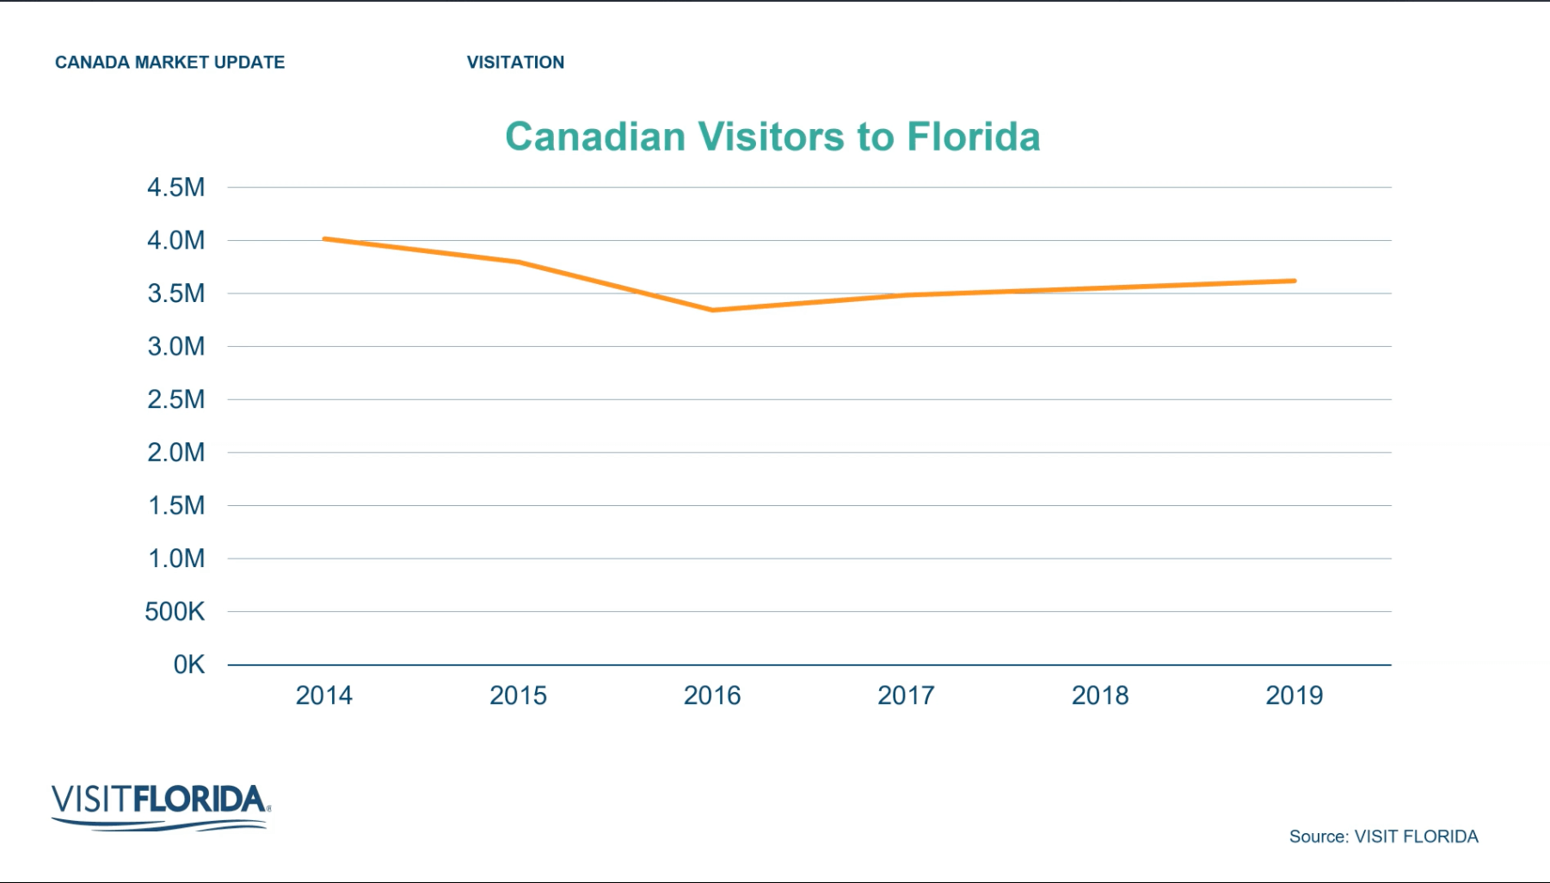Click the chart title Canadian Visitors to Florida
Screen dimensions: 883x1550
772,137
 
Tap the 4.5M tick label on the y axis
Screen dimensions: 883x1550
175,188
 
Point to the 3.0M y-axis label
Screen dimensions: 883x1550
175,347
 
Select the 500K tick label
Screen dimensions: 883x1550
175,612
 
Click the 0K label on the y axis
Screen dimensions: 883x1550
188,665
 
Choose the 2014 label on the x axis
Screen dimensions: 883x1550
323,695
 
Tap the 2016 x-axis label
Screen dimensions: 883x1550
711,695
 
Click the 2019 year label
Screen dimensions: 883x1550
1293,695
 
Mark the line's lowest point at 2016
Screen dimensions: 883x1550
713,310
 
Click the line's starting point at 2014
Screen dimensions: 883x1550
325,238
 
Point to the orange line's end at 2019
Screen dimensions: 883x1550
1294,281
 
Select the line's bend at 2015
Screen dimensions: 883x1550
519,262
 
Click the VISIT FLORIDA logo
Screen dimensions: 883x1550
161,806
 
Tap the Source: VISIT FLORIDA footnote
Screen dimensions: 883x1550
1382,837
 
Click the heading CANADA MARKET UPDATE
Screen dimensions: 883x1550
169,62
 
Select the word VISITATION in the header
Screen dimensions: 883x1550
515,62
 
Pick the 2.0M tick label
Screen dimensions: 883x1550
175,453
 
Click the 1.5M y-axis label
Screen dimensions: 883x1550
175,506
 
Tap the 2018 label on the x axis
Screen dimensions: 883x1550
1099,695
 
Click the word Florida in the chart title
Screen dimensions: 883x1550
973,137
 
